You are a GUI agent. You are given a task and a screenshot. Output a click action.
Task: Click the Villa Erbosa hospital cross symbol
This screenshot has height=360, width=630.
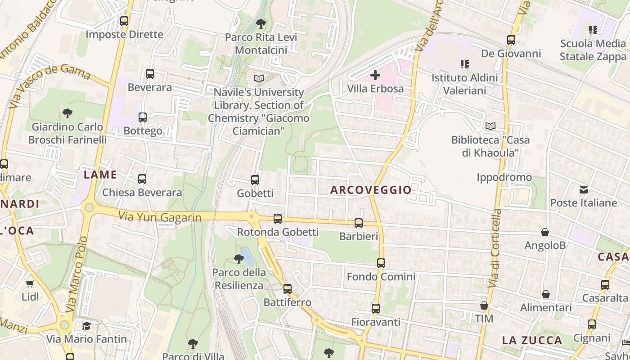(x=375, y=75)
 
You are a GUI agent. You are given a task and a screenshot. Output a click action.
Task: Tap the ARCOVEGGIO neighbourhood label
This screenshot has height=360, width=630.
(x=371, y=190)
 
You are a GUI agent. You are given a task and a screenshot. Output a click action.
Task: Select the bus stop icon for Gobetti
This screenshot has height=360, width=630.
(x=255, y=180)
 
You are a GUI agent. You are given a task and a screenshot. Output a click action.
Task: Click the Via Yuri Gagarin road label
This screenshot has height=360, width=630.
(x=160, y=217)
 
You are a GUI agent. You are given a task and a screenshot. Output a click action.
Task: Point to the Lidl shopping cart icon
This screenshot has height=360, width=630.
(x=30, y=284)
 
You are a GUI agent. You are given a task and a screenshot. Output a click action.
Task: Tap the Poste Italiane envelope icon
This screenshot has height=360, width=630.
(x=584, y=190)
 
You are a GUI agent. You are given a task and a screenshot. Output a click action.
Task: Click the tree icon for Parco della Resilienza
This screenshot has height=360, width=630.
(x=239, y=259)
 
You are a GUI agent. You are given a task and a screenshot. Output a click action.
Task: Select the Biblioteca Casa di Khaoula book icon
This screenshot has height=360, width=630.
(x=490, y=126)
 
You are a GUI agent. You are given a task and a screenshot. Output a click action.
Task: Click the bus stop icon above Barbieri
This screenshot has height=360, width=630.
(x=359, y=223)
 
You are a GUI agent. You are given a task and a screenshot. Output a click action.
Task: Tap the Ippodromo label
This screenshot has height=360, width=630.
(x=504, y=177)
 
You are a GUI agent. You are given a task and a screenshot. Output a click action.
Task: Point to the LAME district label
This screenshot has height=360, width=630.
(x=100, y=175)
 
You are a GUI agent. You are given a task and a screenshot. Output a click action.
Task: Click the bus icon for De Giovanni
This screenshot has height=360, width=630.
(x=511, y=40)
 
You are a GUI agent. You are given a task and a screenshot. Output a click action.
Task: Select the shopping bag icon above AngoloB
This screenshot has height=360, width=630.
(x=545, y=233)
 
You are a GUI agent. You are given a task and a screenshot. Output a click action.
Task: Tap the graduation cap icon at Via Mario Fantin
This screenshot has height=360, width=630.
(x=86, y=326)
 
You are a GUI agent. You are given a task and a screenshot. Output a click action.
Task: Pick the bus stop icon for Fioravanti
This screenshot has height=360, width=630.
(x=376, y=309)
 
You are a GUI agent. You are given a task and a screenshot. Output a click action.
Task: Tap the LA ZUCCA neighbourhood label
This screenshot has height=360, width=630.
(x=532, y=340)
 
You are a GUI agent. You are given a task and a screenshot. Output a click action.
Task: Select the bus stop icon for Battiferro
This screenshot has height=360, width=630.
(x=288, y=289)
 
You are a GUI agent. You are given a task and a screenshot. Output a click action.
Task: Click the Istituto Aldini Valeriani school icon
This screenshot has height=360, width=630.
(x=465, y=64)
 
